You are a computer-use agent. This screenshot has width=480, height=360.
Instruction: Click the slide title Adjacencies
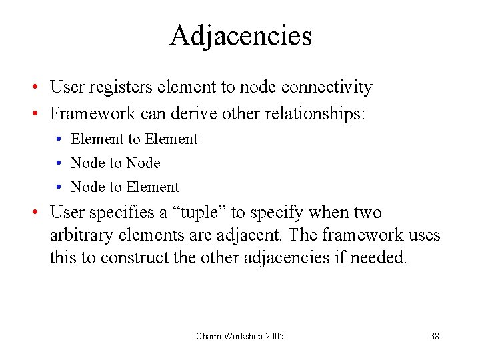pos(240,35)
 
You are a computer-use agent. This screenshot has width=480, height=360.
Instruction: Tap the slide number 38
pos(434,336)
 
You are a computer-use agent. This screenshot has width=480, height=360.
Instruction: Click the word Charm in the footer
pos(209,336)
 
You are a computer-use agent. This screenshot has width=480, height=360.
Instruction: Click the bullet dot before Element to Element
pos(59,139)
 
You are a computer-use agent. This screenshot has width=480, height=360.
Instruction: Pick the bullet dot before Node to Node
pos(59,163)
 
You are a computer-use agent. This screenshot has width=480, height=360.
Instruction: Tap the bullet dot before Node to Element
pos(59,187)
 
